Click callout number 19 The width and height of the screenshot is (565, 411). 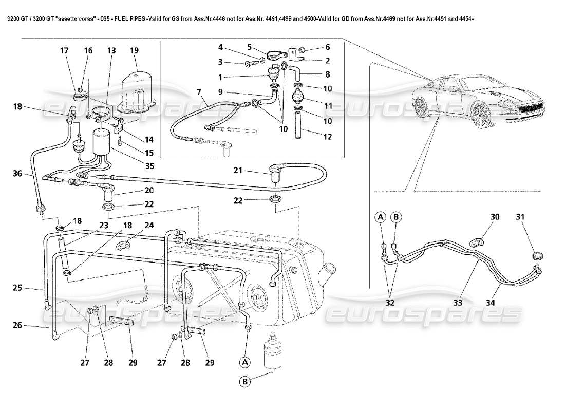click(x=134, y=51)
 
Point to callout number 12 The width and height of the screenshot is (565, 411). click(x=327, y=137)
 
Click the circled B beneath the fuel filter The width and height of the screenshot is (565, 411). click(x=246, y=382)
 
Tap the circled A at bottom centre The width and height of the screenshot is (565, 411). click(x=246, y=362)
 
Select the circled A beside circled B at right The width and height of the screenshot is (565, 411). click(x=380, y=217)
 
